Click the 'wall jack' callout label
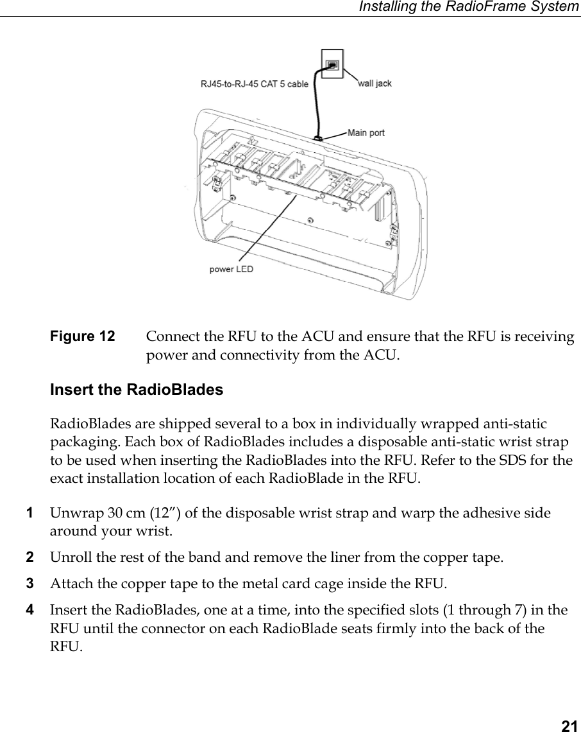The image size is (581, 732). click(375, 83)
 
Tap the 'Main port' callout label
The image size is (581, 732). click(366, 133)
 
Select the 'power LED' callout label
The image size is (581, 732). click(231, 269)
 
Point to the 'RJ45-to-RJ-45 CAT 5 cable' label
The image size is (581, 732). click(255, 83)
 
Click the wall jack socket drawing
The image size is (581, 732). click(332, 65)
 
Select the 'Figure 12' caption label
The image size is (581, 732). click(83, 336)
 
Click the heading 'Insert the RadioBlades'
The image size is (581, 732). click(137, 390)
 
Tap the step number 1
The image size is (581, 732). click(29, 513)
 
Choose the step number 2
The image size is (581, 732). click(29, 557)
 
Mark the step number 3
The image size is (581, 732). click(29, 584)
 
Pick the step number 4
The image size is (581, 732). click(29, 609)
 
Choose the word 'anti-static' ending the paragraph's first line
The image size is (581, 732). click(516, 424)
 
